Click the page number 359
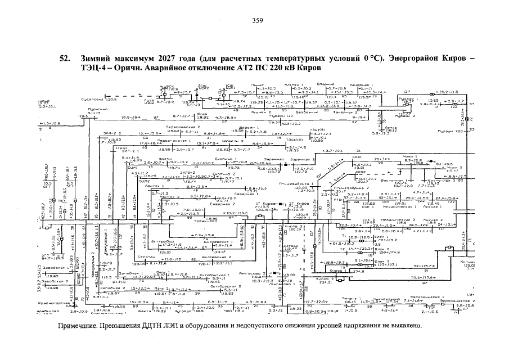pos(258,21)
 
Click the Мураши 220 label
pos(448,131)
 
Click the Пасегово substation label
pos(287,246)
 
